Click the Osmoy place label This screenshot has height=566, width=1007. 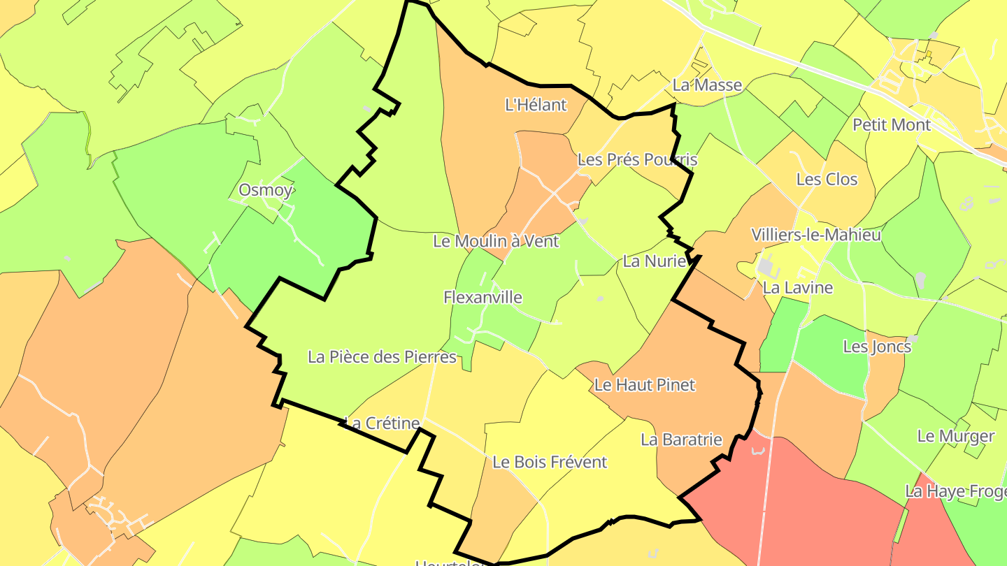click(266, 190)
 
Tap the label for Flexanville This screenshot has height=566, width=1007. click(483, 297)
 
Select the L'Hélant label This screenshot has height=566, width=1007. click(536, 105)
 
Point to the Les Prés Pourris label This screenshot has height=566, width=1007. click(637, 160)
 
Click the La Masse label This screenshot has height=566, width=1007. click(707, 85)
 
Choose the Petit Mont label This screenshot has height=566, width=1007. click(892, 125)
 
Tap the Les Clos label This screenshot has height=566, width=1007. click(827, 180)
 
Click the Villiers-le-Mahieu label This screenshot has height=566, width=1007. click(815, 235)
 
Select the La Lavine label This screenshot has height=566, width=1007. click(798, 287)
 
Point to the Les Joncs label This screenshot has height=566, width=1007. click(877, 347)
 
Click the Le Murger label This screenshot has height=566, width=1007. click(955, 436)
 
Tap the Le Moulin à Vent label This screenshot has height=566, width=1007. click(496, 241)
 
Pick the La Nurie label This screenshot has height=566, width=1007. click(655, 261)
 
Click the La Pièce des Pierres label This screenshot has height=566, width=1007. click(382, 357)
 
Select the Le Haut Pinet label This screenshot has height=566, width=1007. click(645, 384)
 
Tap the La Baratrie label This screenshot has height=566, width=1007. click(681, 440)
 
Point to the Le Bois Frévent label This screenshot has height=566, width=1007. click(550, 462)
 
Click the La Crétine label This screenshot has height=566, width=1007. click(383, 423)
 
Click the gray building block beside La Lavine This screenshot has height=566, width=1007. click(765, 268)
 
